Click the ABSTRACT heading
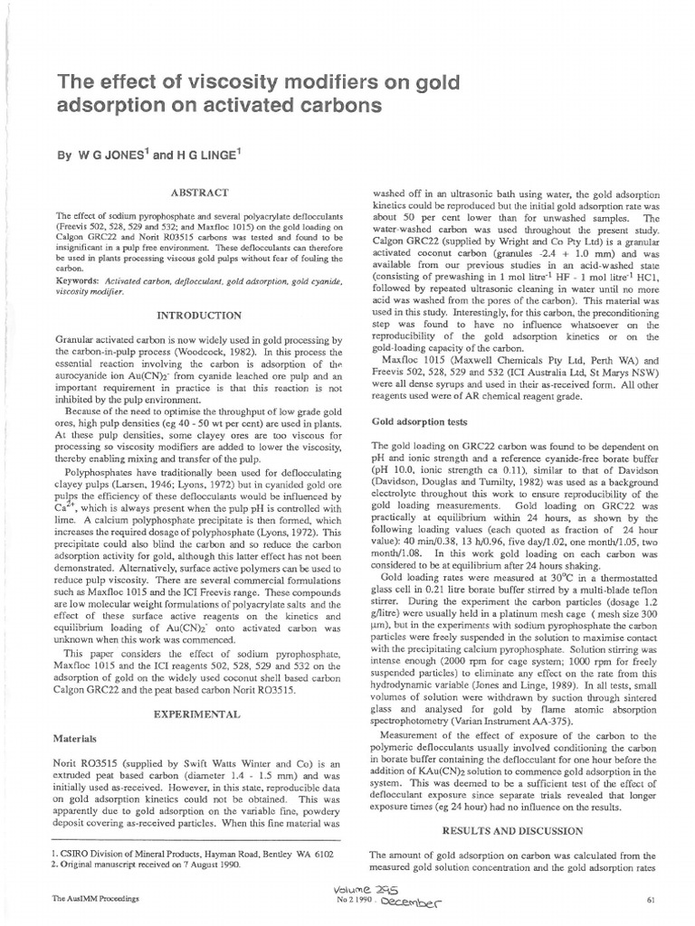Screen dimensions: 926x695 [x=197, y=192]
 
